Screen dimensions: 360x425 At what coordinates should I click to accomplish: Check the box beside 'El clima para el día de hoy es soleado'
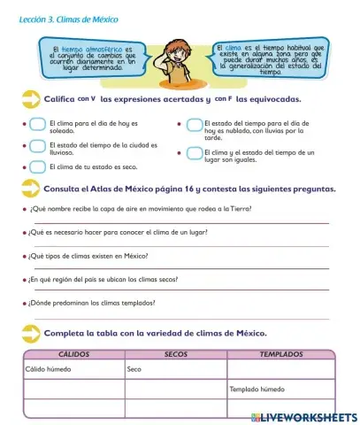pos(37,126)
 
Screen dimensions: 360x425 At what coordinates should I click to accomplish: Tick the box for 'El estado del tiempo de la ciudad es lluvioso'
pos(37,145)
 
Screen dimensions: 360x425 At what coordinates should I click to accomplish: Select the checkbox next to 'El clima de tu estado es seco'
pos(37,165)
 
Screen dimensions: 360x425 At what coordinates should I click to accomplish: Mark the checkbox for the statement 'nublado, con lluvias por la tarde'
pos(191,126)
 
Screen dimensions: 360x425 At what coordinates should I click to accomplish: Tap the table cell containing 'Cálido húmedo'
pos(73,368)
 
